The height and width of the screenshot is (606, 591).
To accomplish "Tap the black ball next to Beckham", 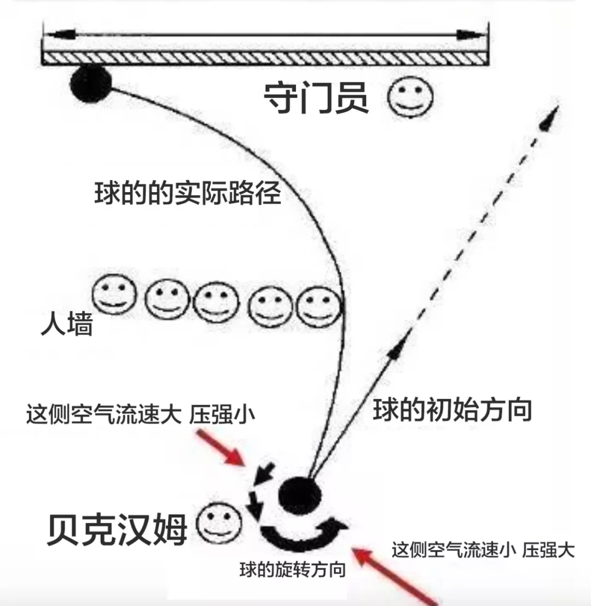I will (x=300, y=494).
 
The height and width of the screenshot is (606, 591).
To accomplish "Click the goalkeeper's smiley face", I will (x=410, y=97).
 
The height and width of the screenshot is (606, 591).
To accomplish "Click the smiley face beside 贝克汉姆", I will (x=219, y=524).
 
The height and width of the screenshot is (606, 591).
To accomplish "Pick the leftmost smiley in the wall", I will (x=114, y=296).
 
